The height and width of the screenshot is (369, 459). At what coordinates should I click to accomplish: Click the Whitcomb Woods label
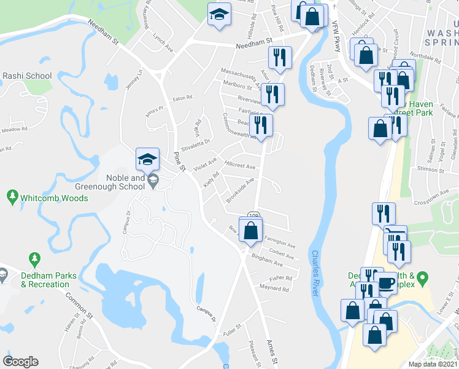pyautogui.click(x=54, y=198)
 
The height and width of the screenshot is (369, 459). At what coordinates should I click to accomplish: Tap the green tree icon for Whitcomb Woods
pyautogui.click(x=12, y=197)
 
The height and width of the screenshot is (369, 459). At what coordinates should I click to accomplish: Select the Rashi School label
pyautogui.click(x=27, y=76)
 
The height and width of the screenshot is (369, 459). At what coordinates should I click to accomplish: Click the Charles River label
pyautogui.click(x=316, y=273)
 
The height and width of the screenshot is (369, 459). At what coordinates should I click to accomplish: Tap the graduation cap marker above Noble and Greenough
pyautogui.click(x=147, y=161)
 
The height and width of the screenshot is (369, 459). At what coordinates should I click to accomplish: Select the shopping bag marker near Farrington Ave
pyautogui.click(x=250, y=231)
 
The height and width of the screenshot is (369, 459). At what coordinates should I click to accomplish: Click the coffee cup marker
pyautogui.click(x=386, y=282)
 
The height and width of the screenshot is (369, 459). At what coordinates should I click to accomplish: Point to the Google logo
pyautogui.click(x=20, y=362)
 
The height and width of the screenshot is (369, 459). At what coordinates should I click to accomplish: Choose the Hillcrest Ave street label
pyautogui.click(x=240, y=165)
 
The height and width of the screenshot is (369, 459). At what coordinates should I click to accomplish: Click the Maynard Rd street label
pyautogui.click(x=274, y=288)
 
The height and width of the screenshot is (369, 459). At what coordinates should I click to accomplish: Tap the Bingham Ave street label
pyautogui.click(x=266, y=263)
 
